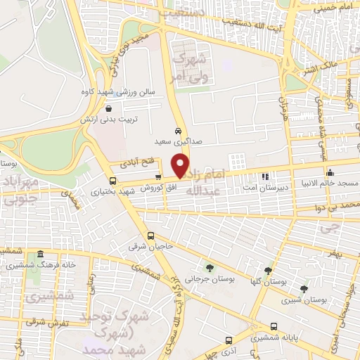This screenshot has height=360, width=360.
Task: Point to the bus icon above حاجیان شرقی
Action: coord(150,236)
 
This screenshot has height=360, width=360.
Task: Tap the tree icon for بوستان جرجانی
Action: coord(210,267)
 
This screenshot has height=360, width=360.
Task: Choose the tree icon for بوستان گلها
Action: coord(267,270)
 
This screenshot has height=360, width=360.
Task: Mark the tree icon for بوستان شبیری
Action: coord(304,288)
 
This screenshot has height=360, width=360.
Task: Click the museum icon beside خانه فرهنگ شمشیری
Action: coord(40,254)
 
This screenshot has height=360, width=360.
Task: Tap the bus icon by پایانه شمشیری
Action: coord(274,326)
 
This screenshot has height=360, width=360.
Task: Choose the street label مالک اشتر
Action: coord(319,69)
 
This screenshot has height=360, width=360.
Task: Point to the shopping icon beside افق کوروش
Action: coord(157,178)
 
